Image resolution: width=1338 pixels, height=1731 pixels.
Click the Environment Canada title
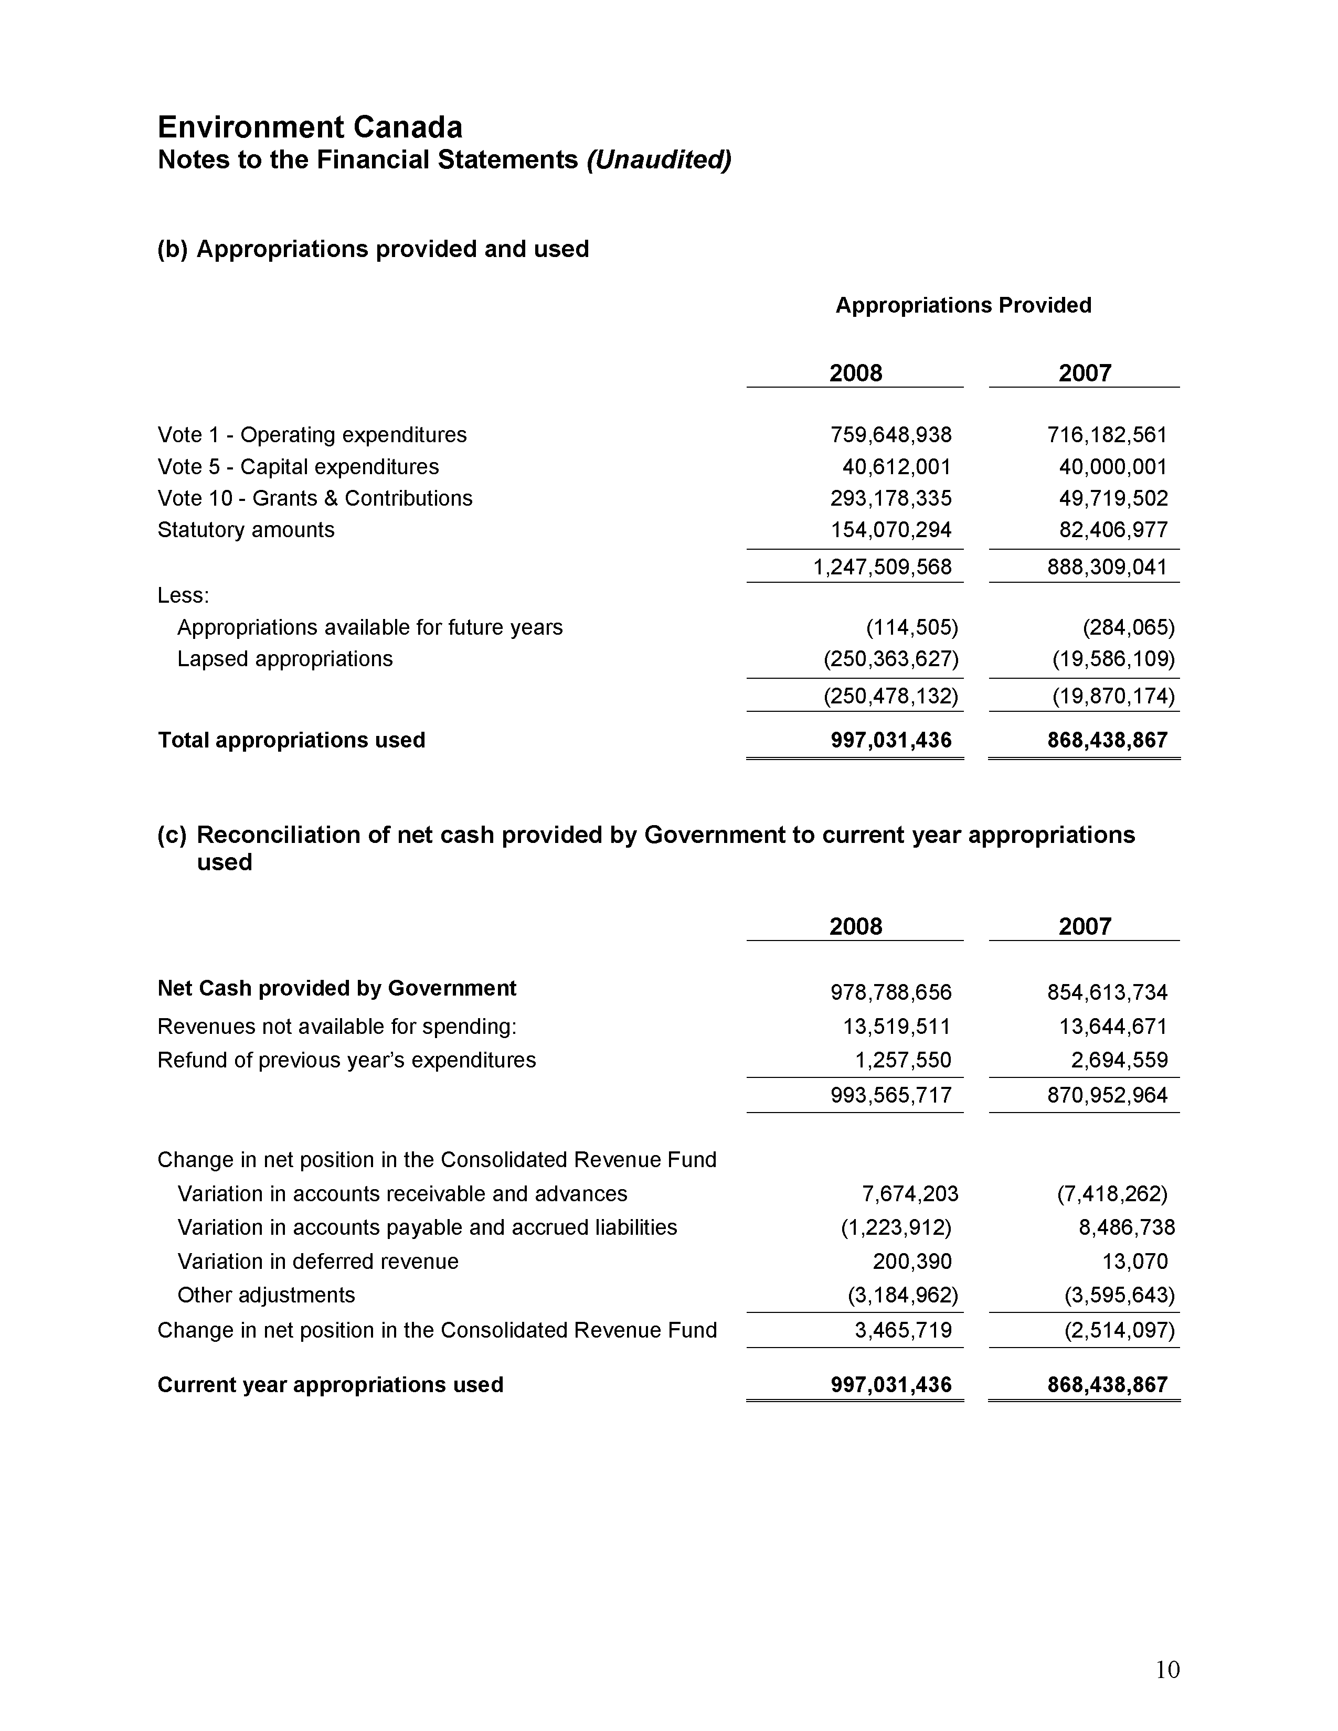(310, 127)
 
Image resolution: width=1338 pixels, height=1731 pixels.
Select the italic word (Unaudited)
(658, 160)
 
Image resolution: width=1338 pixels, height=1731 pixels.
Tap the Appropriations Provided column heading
(962, 305)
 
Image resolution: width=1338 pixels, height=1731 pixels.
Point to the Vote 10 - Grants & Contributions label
(315, 498)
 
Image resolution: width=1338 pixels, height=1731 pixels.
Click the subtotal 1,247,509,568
(882, 567)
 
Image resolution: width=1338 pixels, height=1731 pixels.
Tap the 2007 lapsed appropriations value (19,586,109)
(1113, 659)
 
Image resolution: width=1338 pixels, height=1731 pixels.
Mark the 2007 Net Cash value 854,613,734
(1107, 992)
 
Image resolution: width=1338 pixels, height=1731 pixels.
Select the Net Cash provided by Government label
(336, 988)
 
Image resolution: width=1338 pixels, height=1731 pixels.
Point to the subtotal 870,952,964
(1107, 1095)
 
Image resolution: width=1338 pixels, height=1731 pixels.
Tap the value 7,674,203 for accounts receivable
(909, 1194)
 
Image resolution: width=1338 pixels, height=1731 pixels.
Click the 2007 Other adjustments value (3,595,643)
(1119, 1295)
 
